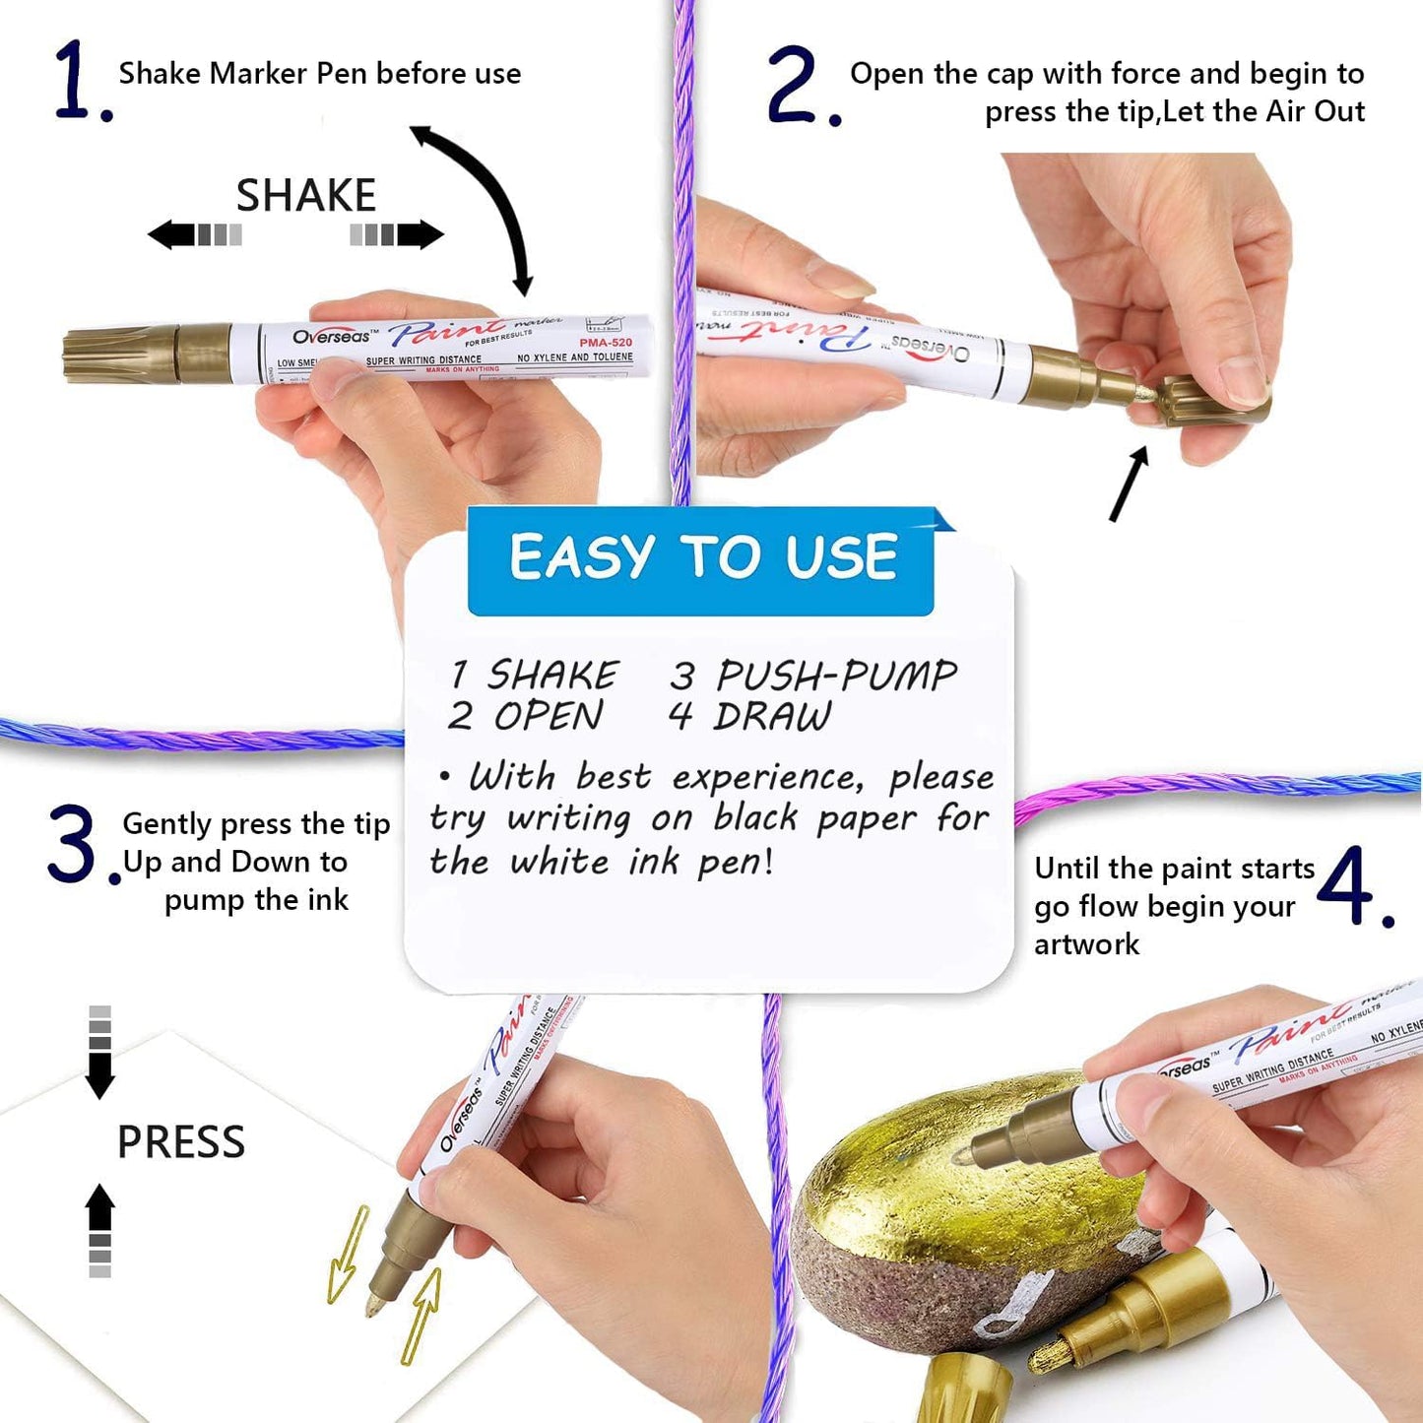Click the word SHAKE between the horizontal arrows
click(x=305, y=195)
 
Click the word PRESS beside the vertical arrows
click(x=181, y=1142)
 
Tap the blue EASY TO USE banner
click(x=701, y=558)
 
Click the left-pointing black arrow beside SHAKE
click(x=173, y=234)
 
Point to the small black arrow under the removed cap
click(x=1129, y=484)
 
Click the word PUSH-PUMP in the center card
click(x=835, y=676)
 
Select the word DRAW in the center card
click(x=772, y=717)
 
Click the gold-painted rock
click(x=945, y=1182)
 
